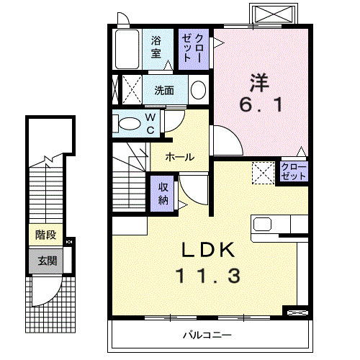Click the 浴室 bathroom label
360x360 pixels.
156,47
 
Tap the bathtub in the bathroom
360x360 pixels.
127,50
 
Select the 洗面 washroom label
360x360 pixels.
164,91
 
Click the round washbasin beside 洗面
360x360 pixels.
198,90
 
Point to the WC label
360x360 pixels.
150,124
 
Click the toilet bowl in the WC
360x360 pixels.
130,124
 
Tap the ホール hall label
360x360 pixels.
180,157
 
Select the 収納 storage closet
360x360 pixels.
162,194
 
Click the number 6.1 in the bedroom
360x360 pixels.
261,105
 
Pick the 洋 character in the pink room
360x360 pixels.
259,83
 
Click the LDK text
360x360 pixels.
208,250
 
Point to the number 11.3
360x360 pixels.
208,276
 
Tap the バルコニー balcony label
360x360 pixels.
207,335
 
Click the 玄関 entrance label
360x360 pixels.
48,261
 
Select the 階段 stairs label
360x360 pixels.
46,235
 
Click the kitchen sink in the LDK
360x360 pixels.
263,224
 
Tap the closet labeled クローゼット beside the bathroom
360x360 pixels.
194,50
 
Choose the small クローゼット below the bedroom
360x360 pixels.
294,171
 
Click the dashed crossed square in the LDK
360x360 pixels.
263,173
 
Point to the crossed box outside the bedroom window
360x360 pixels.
274,13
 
